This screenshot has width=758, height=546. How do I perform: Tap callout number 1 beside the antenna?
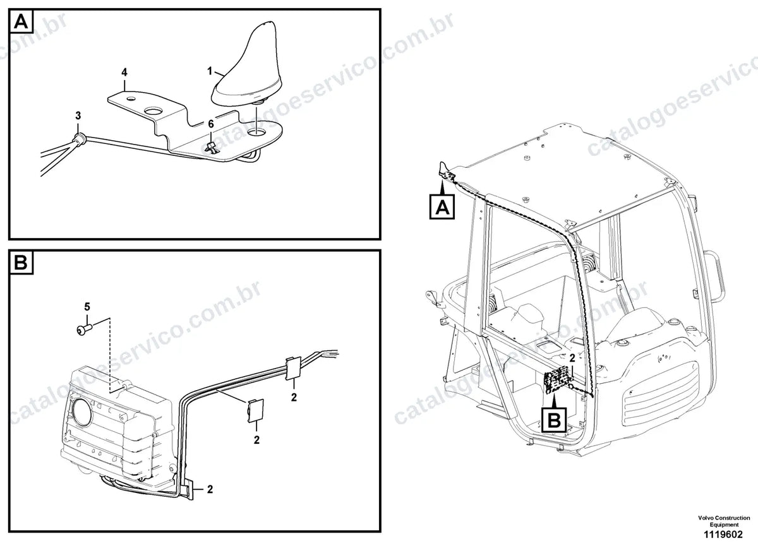coord(210,71)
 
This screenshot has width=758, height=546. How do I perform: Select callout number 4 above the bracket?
coord(124,72)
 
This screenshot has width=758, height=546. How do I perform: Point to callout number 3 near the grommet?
coord(78,116)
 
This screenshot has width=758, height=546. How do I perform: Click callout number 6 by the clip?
coord(211,124)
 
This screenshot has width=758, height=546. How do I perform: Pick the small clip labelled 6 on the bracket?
coord(212,148)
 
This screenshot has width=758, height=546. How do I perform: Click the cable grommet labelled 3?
coord(79,139)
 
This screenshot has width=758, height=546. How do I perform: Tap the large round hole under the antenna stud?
coord(257,133)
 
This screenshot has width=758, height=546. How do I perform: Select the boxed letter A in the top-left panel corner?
coord(21,21)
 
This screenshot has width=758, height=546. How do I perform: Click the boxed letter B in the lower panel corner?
coord(21,262)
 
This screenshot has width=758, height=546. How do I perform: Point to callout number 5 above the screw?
coord(87,307)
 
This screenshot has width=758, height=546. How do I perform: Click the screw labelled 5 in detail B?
coord(84,329)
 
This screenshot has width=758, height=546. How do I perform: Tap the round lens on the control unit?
coord(81,412)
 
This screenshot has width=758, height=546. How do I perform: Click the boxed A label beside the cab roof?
coord(442,206)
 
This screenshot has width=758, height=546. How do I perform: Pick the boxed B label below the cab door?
coord(554,420)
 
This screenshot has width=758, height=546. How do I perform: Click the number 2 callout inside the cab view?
coord(572,358)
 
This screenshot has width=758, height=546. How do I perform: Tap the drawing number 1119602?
coord(723,535)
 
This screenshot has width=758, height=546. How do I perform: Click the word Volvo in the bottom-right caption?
coord(705,518)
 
